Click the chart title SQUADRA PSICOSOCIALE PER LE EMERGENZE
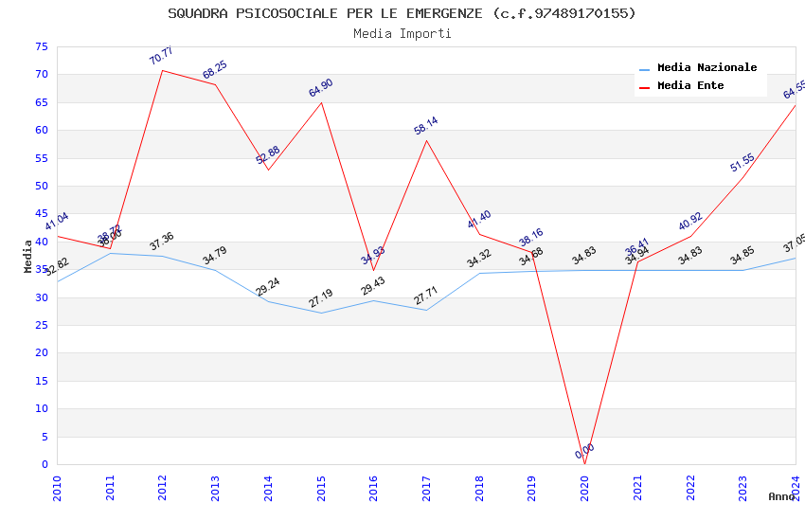402,13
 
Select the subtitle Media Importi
402,33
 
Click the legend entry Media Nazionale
707,68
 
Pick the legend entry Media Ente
689,86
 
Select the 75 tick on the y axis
40,47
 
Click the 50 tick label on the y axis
40,187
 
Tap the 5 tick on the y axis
44,438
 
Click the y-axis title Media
27,256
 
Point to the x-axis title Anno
781,496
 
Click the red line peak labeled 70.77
163,70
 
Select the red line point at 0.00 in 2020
584,464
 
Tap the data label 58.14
426,126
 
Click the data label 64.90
321,88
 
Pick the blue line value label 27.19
321,299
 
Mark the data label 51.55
742,163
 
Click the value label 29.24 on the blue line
268,288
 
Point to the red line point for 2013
216,84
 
